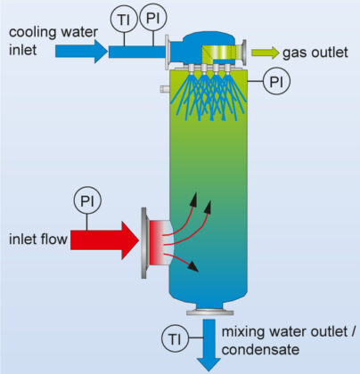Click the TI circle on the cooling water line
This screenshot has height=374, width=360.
click(124, 19)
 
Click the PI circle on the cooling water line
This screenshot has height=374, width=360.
click(154, 19)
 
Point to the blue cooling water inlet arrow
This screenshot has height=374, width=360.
click(81, 51)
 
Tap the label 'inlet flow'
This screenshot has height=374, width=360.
click(35, 239)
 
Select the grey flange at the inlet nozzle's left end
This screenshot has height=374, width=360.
click(143, 240)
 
